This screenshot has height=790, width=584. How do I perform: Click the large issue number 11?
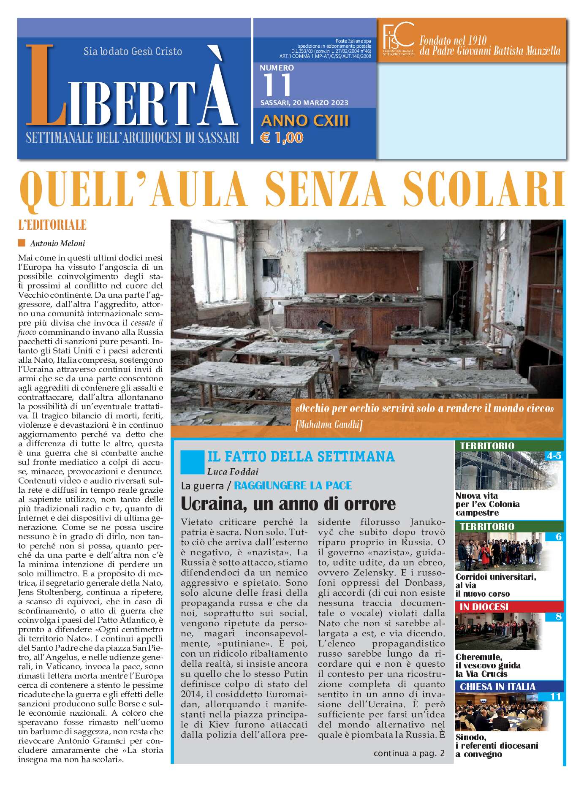277,85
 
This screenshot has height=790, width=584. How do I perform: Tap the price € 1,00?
282,138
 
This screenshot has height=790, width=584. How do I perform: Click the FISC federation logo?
398,39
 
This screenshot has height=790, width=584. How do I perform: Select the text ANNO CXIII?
305,121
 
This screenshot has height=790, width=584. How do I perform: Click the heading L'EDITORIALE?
52,225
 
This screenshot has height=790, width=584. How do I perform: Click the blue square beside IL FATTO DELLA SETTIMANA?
192,462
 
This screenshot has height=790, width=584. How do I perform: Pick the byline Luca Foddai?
233,472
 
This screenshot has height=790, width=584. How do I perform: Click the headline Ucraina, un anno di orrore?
288,504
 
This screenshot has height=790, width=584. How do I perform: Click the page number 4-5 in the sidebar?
554,456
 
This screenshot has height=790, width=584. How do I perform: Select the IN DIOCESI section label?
484,607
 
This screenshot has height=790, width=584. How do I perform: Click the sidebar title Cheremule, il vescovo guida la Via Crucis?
488,665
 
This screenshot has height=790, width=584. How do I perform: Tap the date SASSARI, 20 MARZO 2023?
304,103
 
